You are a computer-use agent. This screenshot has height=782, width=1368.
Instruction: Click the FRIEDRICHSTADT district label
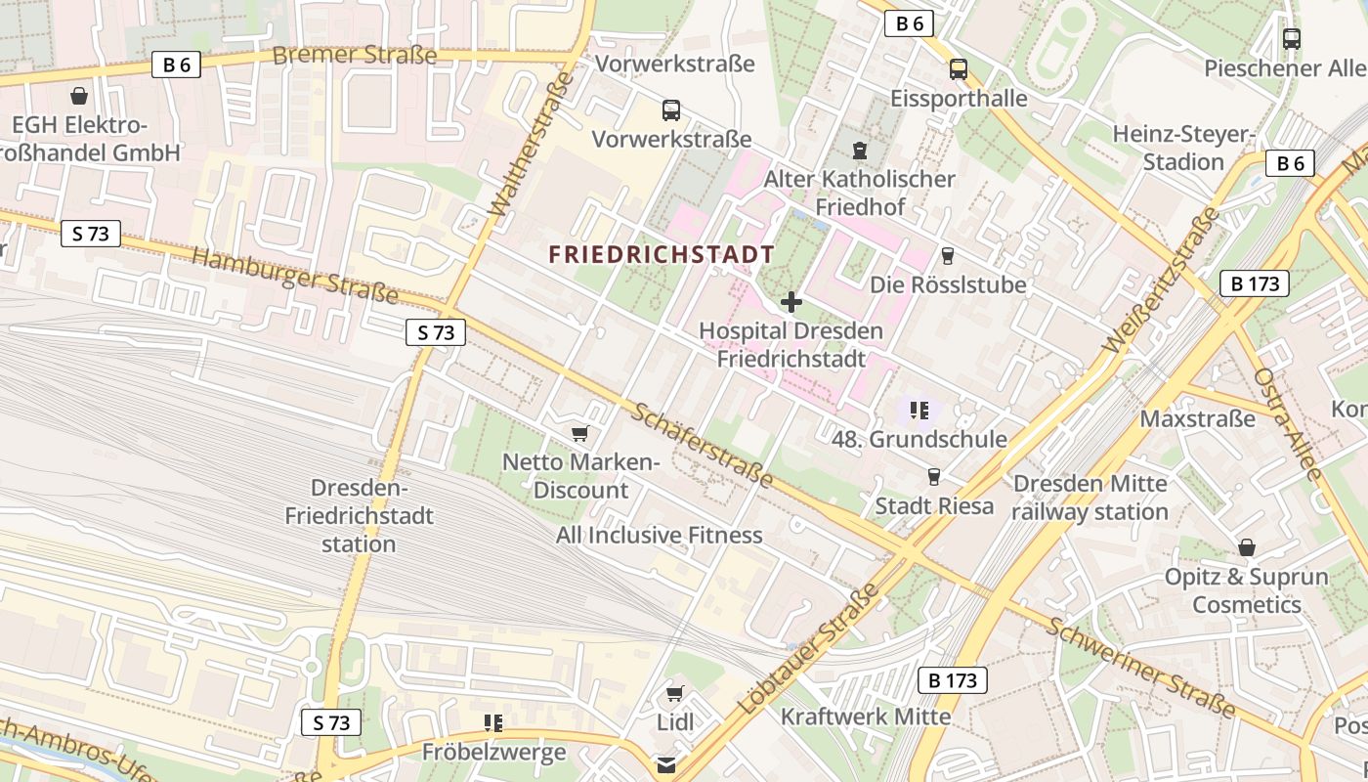662,254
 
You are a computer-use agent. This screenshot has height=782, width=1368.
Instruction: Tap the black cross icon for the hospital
791,302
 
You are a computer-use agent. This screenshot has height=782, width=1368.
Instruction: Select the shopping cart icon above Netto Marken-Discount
580,433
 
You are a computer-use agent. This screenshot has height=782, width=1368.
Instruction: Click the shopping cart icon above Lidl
674,694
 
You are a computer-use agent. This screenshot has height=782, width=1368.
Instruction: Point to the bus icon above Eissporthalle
959,69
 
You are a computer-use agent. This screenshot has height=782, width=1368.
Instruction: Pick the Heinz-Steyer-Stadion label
1182,148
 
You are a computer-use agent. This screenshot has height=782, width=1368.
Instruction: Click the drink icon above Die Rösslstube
947,256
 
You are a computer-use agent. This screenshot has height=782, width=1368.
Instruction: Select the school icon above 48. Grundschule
919,411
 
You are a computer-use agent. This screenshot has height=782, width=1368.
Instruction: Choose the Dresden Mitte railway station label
1090,498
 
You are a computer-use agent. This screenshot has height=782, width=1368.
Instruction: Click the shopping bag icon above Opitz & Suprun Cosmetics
1246,547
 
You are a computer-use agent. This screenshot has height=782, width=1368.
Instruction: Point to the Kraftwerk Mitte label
865,717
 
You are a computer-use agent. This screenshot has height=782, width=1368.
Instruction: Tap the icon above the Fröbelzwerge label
493,723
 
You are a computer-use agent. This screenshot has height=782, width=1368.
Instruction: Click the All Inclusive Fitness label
659,535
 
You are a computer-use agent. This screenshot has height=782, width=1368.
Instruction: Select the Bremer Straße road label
354,55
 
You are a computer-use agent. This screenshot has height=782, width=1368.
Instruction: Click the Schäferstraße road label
702,446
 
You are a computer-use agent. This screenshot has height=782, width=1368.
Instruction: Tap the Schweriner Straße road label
1139,666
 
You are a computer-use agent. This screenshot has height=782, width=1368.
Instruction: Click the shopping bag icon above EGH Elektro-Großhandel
78,96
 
